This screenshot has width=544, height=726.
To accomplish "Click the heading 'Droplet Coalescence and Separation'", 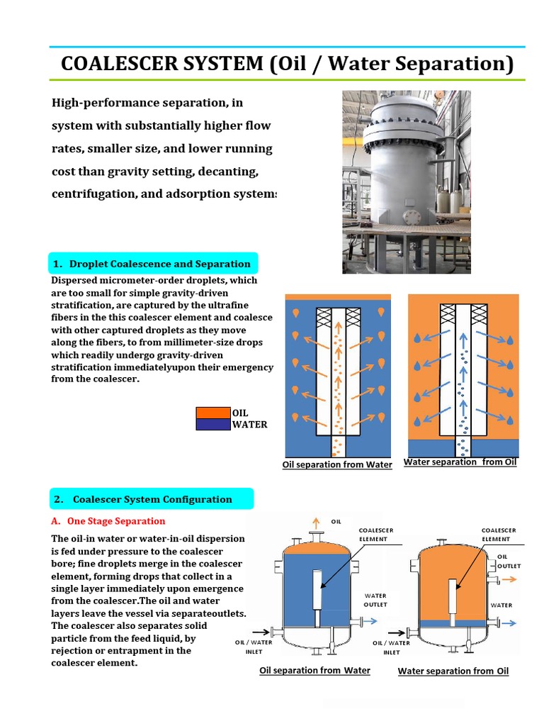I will [x=159, y=264].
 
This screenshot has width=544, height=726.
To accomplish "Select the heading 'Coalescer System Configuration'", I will [x=152, y=499].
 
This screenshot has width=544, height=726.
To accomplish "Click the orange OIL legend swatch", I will [x=212, y=413].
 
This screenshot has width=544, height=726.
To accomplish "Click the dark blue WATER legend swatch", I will [x=212, y=425].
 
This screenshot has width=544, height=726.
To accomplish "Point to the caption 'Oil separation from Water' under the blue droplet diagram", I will [x=337, y=464].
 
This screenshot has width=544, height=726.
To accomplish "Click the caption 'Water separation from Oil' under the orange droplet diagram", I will [x=460, y=462].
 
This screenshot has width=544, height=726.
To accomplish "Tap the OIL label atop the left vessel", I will [x=336, y=523].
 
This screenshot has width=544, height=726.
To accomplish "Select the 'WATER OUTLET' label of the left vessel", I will [x=375, y=601].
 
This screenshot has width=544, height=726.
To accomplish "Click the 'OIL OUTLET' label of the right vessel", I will [x=509, y=562].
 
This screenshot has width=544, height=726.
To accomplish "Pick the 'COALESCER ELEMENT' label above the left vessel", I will [x=376, y=534].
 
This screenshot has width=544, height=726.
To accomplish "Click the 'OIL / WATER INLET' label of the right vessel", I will [x=391, y=647].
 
